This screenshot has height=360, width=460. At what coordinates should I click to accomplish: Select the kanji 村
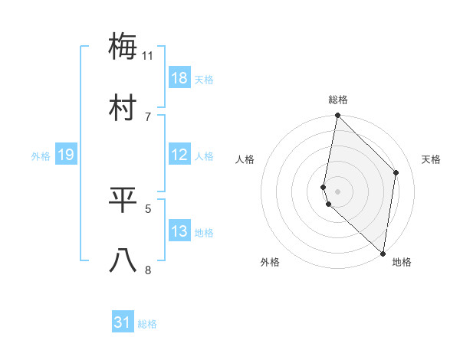pyautogui.click(x=123, y=108)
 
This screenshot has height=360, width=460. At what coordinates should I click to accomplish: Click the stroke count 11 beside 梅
pyautogui.click(x=148, y=56)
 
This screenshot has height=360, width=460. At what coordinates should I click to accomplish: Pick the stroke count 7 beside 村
pyautogui.click(x=148, y=116)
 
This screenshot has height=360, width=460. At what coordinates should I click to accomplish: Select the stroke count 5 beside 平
pyautogui.click(x=148, y=208)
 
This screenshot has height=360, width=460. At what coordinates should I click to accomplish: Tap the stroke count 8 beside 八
pyautogui.click(x=148, y=270)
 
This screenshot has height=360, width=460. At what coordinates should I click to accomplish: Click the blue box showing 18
pyautogui.click(x=179, y=78)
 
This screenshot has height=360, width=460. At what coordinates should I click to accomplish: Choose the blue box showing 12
pyautogui.click(x=179, y=155)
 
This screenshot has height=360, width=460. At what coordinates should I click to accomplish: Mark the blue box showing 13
pyautogui.click(x=179, y=231)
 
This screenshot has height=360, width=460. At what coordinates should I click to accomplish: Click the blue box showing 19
pyautogui.click(x=66, y=155)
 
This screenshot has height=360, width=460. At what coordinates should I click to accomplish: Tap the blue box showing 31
pyautogui.click(x=123, y=323)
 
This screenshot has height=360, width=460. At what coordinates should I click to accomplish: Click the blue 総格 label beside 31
pyautogui.click(x=147, y=324)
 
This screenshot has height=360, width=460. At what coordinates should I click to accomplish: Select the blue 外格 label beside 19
pyautogui.click(x=41, y=156)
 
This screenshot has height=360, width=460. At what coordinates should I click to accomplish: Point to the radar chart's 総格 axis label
pyautogui.click(x=338, y=100)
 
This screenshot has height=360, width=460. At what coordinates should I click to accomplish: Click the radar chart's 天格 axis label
pyautogui.click(x=432, y=159)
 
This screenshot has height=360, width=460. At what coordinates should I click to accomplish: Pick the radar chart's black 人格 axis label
pyautogui.click(x=245, y=159)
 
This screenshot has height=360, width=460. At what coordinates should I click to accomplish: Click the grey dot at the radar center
pyautogui.click(x=338, y=191)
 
